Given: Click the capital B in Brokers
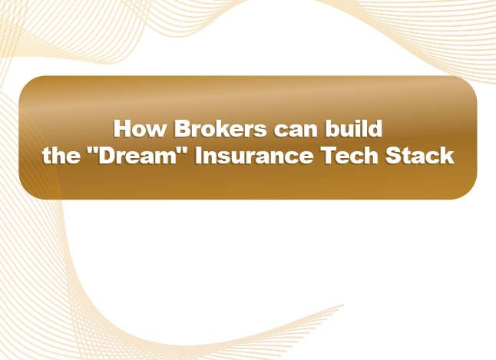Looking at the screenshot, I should (x=170, y=127).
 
